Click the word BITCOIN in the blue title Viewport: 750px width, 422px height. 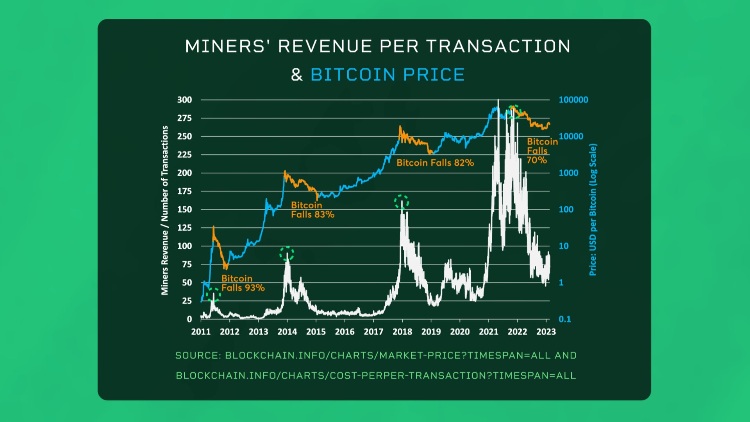tap(353, 75)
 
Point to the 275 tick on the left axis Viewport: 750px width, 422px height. tap(184, 118)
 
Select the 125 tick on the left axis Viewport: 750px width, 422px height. tap(184, 227)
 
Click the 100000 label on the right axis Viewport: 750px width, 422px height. tap(573, 100)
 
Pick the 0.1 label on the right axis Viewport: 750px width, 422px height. tap(564, 319)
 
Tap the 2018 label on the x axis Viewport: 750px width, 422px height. tap(402, 332)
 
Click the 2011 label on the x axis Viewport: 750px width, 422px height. tap(201, 332)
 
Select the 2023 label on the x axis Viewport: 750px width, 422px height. tap(546, 332)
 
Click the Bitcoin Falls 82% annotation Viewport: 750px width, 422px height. tap(435, 163)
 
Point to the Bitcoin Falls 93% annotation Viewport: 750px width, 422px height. tap(243, 283)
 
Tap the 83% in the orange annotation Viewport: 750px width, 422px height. tap(324, 215)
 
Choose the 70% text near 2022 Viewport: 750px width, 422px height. tap(536, 160)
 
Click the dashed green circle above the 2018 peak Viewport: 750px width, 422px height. tap(401, 202)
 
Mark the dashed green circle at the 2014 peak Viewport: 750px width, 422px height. tap(287, 254)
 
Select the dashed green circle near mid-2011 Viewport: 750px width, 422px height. tap(213, 294)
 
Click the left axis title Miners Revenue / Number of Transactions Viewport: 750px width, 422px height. tap(164, 210)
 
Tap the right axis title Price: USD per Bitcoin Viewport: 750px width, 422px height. tap(593, 210)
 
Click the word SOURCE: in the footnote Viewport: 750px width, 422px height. tap(198, 355)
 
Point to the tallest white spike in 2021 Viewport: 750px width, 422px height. tap(498, 102)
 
